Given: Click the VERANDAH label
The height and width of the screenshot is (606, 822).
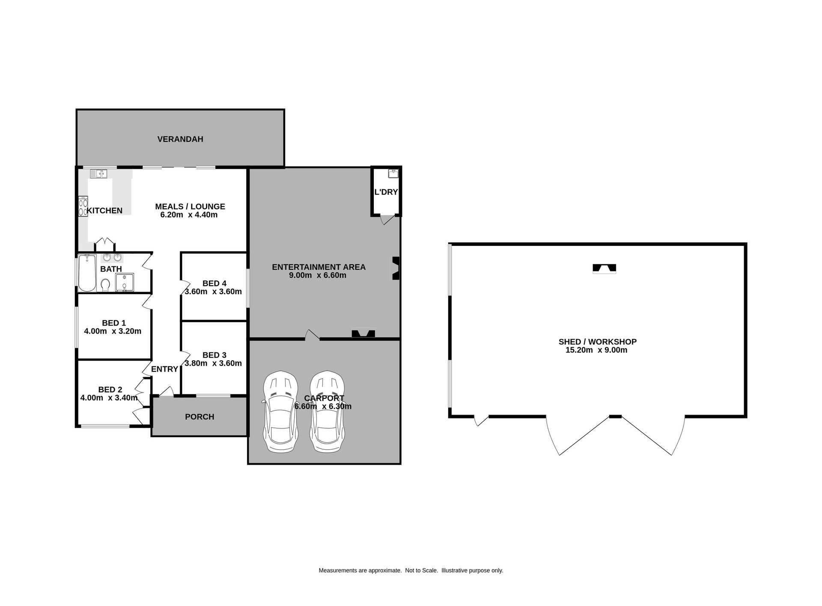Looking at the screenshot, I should coord(180,139).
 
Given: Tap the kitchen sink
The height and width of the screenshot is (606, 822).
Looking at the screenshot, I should coord(98,173).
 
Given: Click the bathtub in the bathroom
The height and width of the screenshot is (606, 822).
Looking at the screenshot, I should coord(87,272).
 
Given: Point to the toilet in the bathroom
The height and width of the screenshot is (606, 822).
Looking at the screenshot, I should coord(105,285).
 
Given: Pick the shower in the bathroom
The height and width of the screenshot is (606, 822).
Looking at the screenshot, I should coord(125,282).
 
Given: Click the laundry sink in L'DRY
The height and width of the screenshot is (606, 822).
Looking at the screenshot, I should coord(393,173).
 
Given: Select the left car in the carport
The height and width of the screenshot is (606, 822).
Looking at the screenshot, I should coord(280,411).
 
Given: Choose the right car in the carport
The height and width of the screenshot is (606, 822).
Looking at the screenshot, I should coord(328,411).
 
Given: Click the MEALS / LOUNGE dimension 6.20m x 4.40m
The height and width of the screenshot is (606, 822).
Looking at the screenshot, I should coord(189,215).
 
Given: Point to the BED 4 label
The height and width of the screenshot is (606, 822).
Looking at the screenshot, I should coord(214,284).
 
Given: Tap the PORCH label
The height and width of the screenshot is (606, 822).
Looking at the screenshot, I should coord(200,417).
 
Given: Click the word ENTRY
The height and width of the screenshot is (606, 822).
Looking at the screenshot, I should coord(164,369).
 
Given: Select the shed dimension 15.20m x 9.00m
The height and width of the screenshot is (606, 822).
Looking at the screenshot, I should coord(596,350).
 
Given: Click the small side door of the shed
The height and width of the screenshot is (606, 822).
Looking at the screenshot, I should coord(482,421).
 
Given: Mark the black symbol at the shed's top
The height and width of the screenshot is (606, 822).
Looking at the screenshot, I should coord(604,269).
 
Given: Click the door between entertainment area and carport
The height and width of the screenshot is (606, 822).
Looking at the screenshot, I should coord(312,335).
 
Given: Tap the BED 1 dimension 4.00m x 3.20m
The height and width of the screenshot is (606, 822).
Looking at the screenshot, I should coord(113,331).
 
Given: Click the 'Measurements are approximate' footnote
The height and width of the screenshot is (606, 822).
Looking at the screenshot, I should coord(411,570).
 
